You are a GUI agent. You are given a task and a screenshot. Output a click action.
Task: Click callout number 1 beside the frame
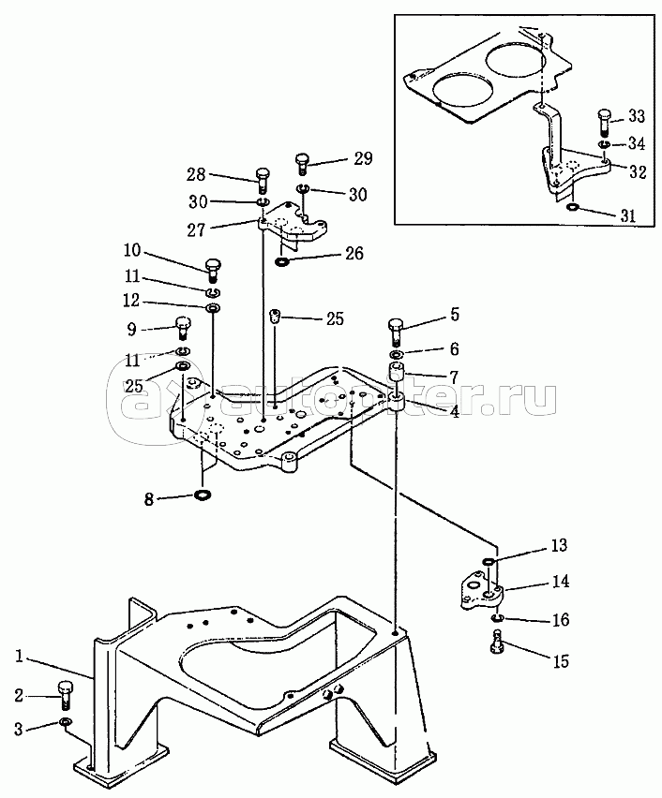click(x=19, y=657)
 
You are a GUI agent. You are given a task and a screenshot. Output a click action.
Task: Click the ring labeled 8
click(x=203, y=495)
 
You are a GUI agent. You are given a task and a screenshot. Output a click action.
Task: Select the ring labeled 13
click(x=489, y=561)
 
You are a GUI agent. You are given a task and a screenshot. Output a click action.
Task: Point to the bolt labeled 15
click(x=496, y=640)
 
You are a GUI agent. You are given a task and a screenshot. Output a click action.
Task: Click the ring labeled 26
click(x=280, y=262)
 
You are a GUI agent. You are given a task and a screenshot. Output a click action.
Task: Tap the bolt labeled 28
click(x=263, y=180)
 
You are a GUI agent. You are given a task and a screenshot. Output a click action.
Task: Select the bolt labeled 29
click(x=302, y=163)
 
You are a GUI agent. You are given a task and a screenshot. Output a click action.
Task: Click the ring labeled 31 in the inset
click(x=572, y=207)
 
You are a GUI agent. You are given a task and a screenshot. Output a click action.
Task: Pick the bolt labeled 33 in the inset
click(x=604, y=121)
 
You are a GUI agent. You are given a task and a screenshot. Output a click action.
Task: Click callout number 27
click(x=196, y=230)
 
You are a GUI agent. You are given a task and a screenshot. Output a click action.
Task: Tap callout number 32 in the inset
click(x=638, y=171)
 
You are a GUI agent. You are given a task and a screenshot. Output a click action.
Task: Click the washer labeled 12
click(x=213, y=308)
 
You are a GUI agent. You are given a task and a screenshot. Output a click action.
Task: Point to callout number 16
click(x=561, y=620)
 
